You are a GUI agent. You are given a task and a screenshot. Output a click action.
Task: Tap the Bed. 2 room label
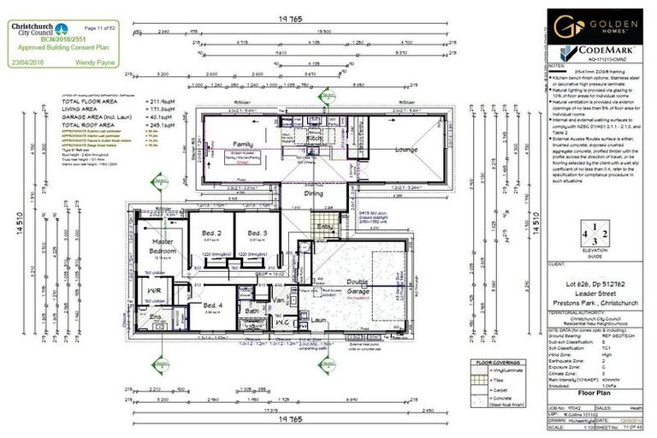(x=212, y=233)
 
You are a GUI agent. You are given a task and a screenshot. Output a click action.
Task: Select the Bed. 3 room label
(x=257, y=233)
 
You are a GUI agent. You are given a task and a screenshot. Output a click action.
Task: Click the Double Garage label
(x=357, y=287)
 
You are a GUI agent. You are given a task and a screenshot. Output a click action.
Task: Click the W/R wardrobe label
(x=155, y=291)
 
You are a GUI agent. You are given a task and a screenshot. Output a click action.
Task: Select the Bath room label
(x=252, y=311)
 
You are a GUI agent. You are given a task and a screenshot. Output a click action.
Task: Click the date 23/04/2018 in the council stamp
(x=33, y=62)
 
